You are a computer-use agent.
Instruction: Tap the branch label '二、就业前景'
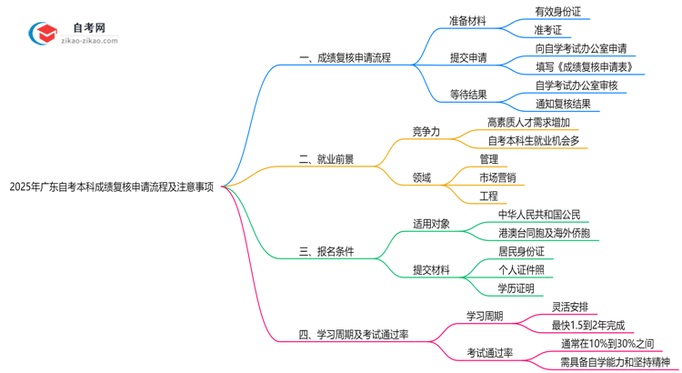(x=326, y=159)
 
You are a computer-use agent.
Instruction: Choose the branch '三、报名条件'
(x=326, y=252)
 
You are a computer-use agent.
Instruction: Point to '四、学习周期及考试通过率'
(x=353, y=334)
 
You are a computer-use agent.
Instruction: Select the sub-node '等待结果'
(x=467, y=95)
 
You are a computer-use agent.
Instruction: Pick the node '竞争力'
(x=426, y=132)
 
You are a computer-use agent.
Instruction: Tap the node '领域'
(x=422, y=177)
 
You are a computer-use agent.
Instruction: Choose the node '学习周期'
(x=485, y=317)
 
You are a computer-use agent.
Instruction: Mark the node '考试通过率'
(x=490, y=352)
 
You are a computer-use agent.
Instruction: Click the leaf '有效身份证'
(x=557, y=12)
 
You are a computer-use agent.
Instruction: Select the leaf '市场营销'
(x=497, y=177)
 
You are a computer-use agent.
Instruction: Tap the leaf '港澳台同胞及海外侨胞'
(x=544, y=234)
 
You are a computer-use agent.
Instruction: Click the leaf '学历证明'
(x=516, y=288)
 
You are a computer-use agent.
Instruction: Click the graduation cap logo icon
(x=44, y=34)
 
